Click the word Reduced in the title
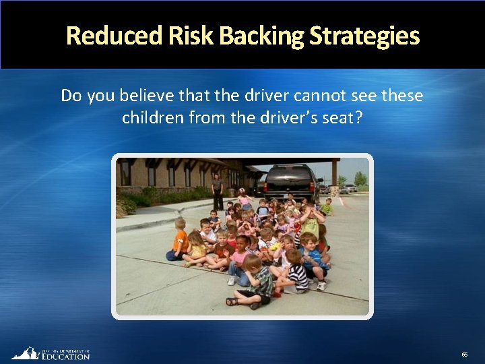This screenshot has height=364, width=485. pyautogui.click(x=114, y=36)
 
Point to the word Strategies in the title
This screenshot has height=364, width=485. pyautogui.click(x=364, y=36)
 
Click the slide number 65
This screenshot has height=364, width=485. pyautogui.click(x=464, y=354)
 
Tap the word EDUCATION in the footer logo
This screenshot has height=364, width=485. pyautogui.click(x=65, y=357)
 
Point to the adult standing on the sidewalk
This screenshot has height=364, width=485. pyautogui.click(x=217, y=191)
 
